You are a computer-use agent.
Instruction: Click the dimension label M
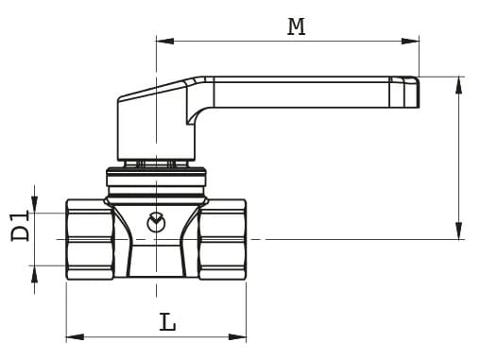(297, 26)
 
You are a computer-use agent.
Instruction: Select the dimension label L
(167, 322)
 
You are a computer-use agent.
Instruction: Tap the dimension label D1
(20, 227)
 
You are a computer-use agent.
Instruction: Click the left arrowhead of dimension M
(165, 41)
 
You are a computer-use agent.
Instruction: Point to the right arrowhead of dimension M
(410, 41)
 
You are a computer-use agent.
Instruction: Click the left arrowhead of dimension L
(75, 337)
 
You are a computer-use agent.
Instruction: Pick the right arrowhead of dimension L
(237, 337)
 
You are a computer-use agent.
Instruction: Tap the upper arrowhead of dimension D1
(35, 204)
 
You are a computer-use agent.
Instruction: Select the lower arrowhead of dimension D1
(35, 274)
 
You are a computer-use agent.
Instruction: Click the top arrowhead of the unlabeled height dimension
(459, 85)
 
